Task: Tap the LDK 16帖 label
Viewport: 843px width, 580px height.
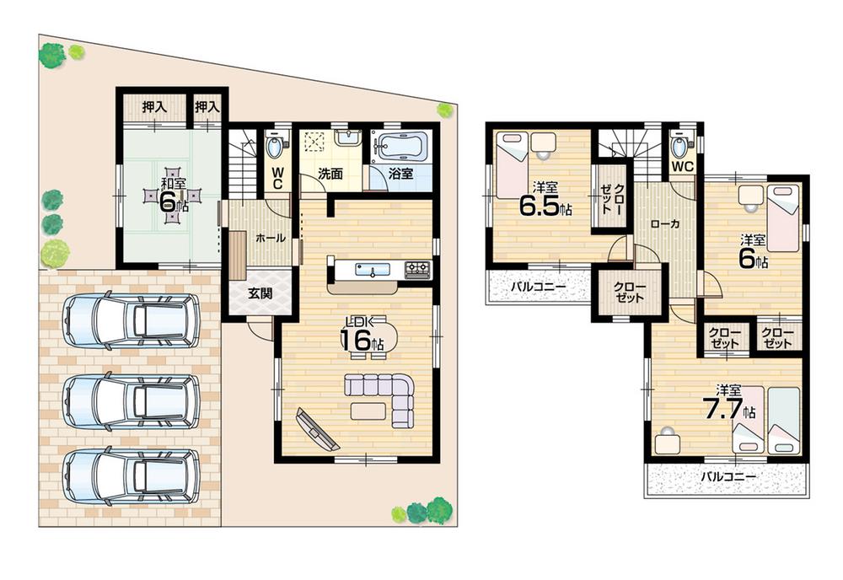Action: (x=362, y=334)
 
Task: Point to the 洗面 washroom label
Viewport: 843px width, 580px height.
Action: (x=330, y=174)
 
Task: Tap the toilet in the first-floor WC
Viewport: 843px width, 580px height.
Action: (x=275, y=148)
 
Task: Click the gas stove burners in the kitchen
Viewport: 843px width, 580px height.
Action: (x=417, y=270)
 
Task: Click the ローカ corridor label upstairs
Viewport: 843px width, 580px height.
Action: (x=666, y=225)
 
